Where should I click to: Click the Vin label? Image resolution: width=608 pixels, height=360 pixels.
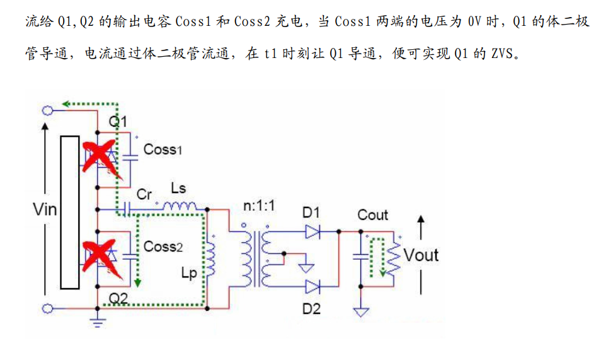(x=45, y=209)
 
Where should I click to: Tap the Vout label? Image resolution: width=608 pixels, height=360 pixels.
(x=421, y=255)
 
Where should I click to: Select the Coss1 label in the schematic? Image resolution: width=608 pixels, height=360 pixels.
(x=163, y=149)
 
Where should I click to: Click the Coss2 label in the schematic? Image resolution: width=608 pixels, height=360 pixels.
(x=163, y=246)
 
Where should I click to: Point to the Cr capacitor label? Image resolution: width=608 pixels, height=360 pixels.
(x=144, y=194)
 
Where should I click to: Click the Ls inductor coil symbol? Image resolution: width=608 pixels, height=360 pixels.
(x=180, y=206)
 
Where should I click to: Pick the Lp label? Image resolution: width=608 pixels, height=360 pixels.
(x=188, y=273)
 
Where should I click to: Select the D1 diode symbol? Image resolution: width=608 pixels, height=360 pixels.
(x=313, y=231)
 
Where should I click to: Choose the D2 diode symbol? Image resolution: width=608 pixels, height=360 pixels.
(x=313, y=287)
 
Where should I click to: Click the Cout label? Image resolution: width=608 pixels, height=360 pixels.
(x=373, y=215)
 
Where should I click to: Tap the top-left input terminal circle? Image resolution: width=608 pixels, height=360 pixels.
(x=47, y=110)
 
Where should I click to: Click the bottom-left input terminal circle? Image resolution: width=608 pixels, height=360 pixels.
(x=47, y=308)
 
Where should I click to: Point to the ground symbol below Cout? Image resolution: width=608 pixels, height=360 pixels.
(x=361, y=311)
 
